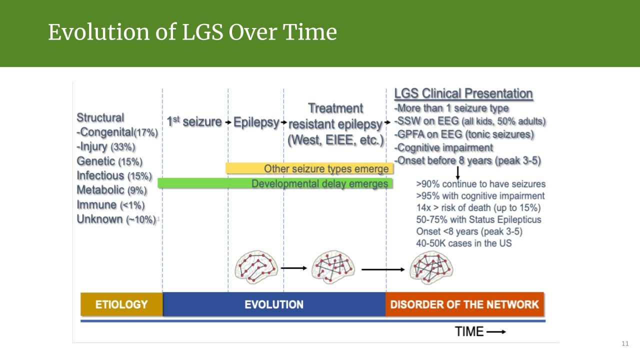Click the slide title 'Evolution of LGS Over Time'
pos(192,32)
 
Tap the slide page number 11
pos(624,343)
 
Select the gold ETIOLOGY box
pos(121,304)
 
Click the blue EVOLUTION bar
pos(274,304)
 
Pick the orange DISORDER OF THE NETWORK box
pos(464,304)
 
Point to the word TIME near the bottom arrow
pos(469,331)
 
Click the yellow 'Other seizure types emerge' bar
pos(309,168)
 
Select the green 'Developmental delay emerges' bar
pos(275,183)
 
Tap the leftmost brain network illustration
pos(255,267)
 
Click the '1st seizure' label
pos(194,121)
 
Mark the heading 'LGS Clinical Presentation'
pos(463,94)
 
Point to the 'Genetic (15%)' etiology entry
pos(109,161)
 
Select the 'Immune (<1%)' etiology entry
pos(110,205)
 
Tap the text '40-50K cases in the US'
pos(463,243)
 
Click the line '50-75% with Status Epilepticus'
pos(478,219)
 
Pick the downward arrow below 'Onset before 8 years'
pos(457,173)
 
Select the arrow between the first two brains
pos(294,268)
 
